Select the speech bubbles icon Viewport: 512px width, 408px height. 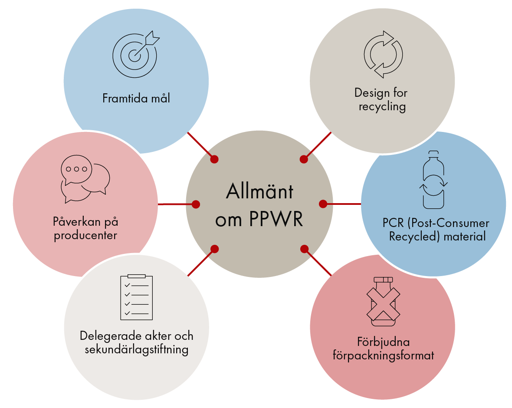85,178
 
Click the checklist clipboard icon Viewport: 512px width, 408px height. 136,297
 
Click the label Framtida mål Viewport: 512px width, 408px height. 136,99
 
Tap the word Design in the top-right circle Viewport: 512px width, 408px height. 369,92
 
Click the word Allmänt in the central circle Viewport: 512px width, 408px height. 259,191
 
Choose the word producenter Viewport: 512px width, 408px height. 85,236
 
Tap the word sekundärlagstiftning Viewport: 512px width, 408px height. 136,350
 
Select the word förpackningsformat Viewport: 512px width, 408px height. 383,356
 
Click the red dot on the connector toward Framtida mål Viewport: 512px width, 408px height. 214,159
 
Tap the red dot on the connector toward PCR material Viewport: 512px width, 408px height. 323,204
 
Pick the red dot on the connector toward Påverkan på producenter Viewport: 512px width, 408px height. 196,204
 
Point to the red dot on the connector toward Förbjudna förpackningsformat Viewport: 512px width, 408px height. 304,249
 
